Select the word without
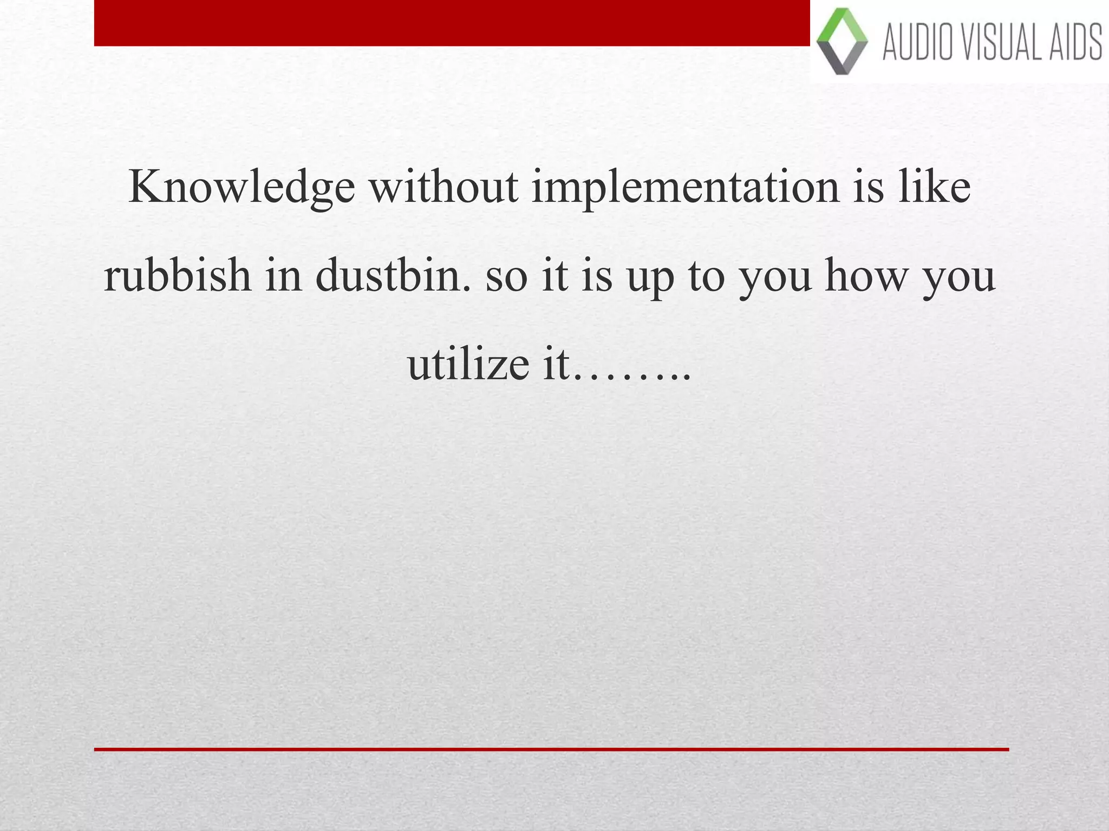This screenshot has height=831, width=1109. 443,187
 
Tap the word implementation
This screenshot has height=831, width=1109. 685,187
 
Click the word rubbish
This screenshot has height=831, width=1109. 177,275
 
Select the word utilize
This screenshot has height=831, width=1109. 468,364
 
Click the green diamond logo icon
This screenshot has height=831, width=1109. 841,41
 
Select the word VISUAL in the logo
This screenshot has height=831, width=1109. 999,42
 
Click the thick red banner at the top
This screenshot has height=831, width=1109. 452,23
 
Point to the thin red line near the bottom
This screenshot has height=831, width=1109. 551,749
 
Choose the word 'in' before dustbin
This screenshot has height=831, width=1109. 283,275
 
